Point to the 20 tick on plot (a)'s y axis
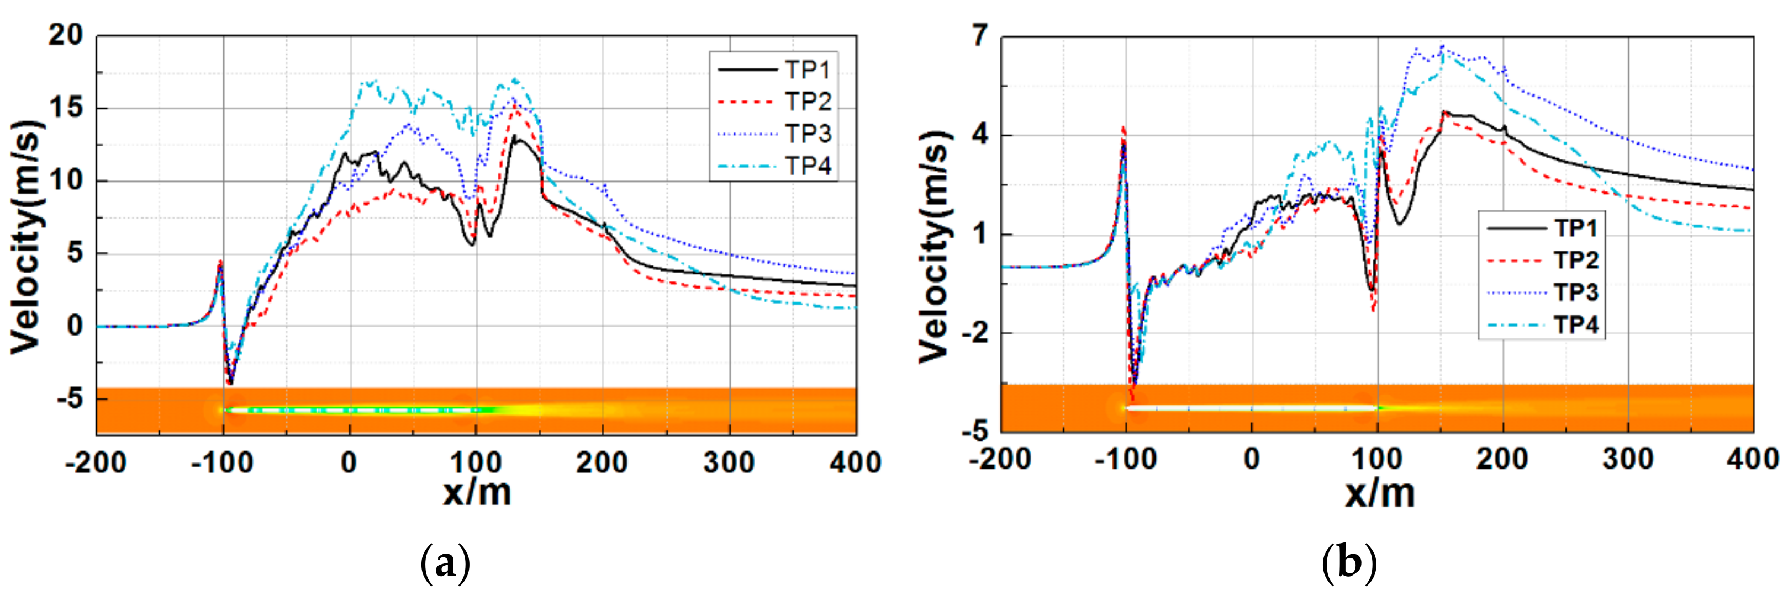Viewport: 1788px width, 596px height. pos(65,35)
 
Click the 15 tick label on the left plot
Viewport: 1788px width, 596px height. pos(65,108)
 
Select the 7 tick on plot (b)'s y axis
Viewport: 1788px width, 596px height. pos(980,35)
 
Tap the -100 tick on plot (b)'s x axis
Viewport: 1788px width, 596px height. pos(1125,459)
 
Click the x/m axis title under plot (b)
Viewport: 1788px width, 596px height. pos(1379,493)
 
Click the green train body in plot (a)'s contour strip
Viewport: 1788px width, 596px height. pos(361,410)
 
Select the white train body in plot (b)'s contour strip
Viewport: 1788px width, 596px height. pos(1249,408)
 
